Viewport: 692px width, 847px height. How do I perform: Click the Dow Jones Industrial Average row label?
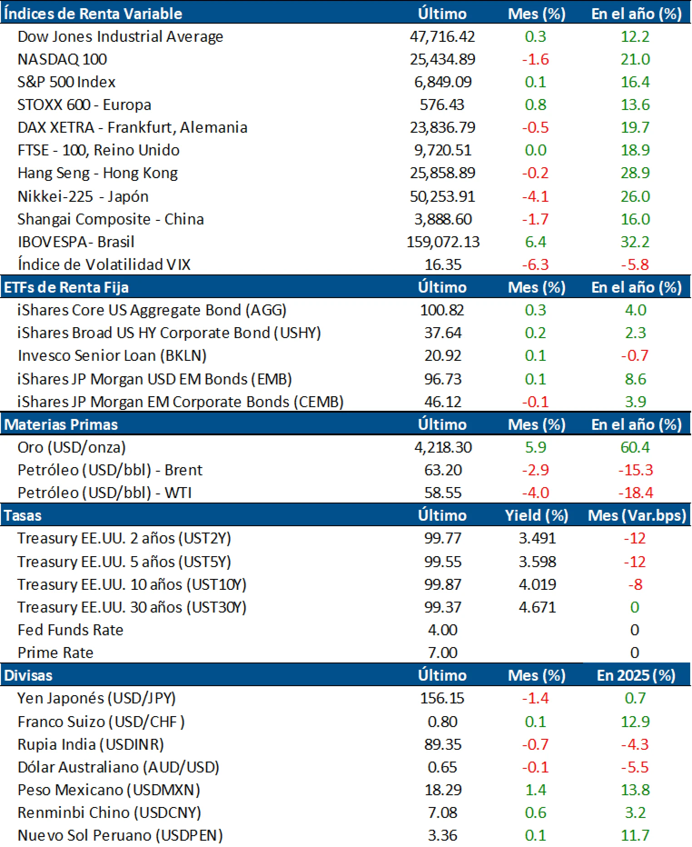click(x=120, y=36)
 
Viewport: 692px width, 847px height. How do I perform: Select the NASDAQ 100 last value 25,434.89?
click(x=442, y=59)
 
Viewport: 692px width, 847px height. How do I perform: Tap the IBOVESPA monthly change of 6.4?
click(x=535, y=242)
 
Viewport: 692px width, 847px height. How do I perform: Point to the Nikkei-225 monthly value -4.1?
click(x=535, y=196)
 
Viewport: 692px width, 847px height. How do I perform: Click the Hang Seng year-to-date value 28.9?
click(x=635, y=173)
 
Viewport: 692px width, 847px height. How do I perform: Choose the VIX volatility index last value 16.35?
click(x=442, y=264)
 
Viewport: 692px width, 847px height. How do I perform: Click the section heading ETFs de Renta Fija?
click(x=66, y=287)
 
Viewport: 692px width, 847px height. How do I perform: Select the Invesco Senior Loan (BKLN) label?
click(x=112, y=355)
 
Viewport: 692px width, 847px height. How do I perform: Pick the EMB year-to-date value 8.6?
click(x=635, y=379)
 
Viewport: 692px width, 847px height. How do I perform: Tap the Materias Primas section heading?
click(x=61, y=424)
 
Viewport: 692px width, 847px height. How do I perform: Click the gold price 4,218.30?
click(x=442, y=447)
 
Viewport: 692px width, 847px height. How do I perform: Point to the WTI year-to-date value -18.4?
click(x=635, y=493)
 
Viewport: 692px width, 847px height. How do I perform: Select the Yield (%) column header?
click(x=536, y=515)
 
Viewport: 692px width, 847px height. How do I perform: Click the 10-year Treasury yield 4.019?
click(x=537, y=584)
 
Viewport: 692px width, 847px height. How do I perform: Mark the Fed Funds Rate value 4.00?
click(x=442, y=630)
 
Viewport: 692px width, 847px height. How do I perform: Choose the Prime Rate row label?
click(x=55, y=653)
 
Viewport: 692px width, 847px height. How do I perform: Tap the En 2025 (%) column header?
click(x=636, y=675)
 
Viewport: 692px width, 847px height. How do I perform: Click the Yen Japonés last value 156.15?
click(x=442, y=698)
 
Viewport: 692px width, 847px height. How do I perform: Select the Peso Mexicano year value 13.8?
click(x=635, y=790)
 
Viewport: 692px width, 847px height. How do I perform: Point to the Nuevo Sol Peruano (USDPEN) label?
click(x=120, y=835)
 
